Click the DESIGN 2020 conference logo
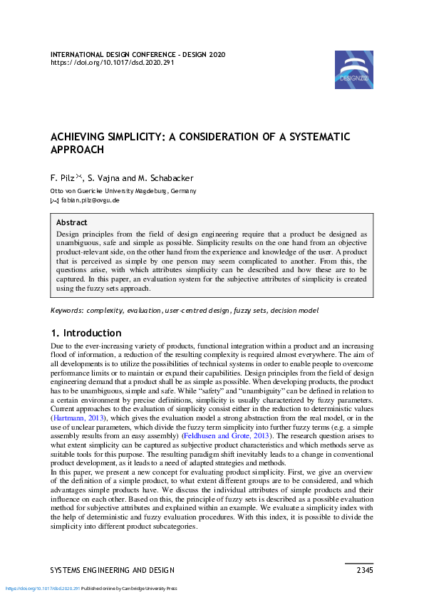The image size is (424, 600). (353, 70)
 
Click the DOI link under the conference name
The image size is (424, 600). (112, 63)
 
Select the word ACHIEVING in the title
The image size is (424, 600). (81, 136)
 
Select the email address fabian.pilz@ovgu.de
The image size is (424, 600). (91, 200)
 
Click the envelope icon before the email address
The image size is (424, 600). (54, 200)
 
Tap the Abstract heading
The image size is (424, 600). (71, 222)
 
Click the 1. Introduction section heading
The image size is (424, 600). (86, 333)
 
